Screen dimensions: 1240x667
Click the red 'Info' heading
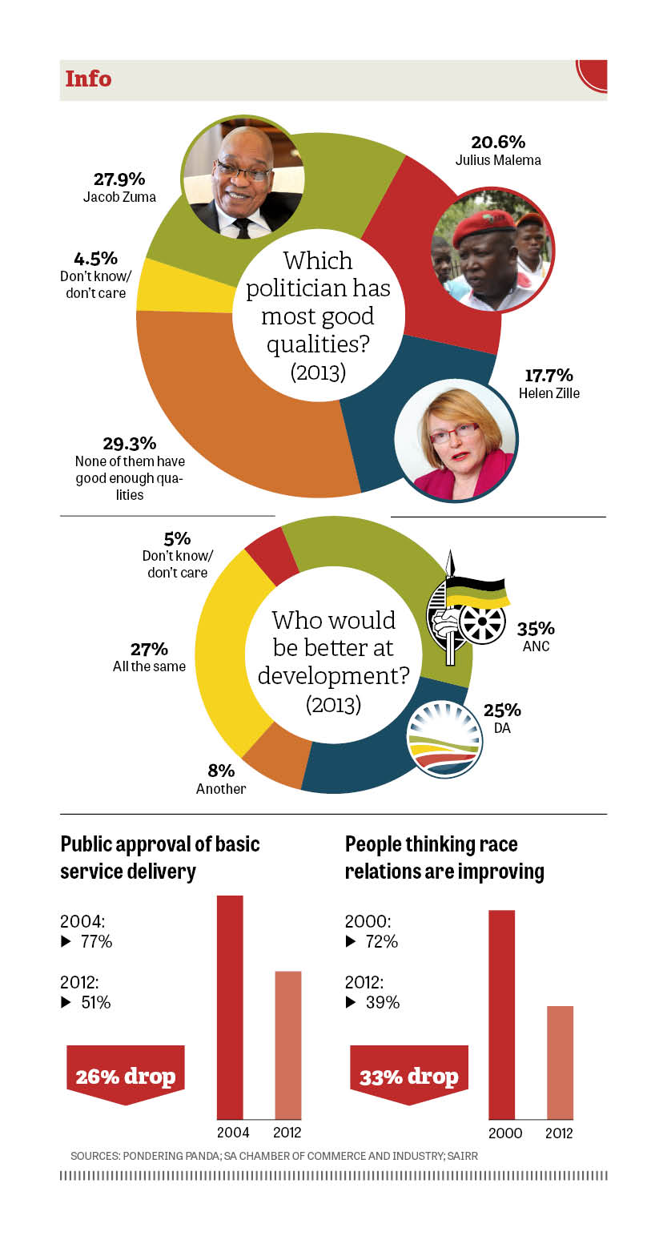tap(88, 79)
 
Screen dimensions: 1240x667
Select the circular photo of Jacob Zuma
tap(243, 176)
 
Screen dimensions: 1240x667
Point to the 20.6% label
tap(498, 142)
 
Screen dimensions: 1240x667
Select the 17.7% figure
tap(548, 375)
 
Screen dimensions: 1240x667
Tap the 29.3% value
tap(129, 443)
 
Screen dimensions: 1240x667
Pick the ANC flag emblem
tap(467, 610)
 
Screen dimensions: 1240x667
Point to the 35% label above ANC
tap(536, 627)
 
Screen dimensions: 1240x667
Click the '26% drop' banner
tap(125, 1076)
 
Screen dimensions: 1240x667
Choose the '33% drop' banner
tap(409, 1076)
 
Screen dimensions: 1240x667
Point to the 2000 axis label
tap(504, 1133)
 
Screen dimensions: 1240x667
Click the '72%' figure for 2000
tap(381, 941)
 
